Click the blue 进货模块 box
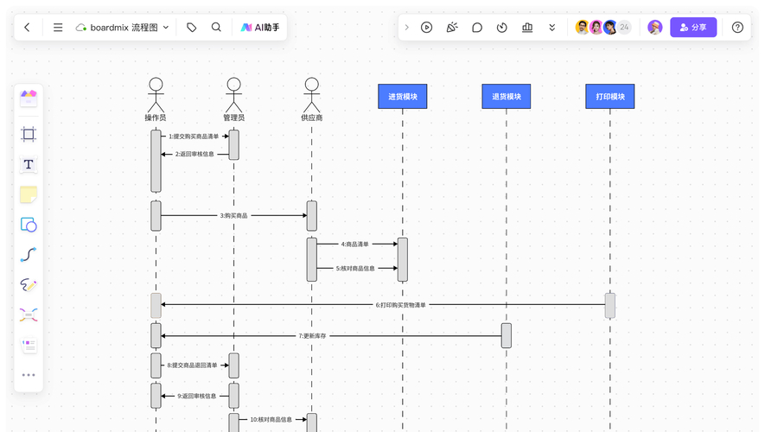click(403, 97)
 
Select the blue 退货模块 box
click(507, 97)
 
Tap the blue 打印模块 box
click(610, 97)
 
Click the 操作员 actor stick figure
click(156, 95)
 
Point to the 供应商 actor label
click(312, 118)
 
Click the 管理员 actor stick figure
click(233, 95)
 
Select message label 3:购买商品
click(233, 215)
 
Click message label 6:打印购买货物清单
click(400, 305)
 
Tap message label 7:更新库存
click(312, 336)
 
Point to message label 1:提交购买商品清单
click(194, 137)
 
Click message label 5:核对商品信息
click(355, 268)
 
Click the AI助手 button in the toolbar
click(260, 28)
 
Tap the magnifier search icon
click(216, 28)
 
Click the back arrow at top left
click(28, 28)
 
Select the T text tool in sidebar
click(29, 164)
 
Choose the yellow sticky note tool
click(29, 194)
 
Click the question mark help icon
click(737, 28)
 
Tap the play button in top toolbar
click(426, 28)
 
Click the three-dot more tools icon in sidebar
click(29, 375)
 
